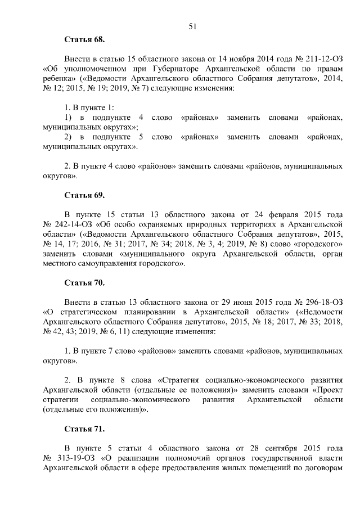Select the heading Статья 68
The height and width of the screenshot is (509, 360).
[85, 40]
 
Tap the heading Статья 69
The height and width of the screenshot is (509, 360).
[85, 195]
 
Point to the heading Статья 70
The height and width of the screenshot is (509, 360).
[85, 282]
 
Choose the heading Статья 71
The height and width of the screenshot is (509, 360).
[85, 429]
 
